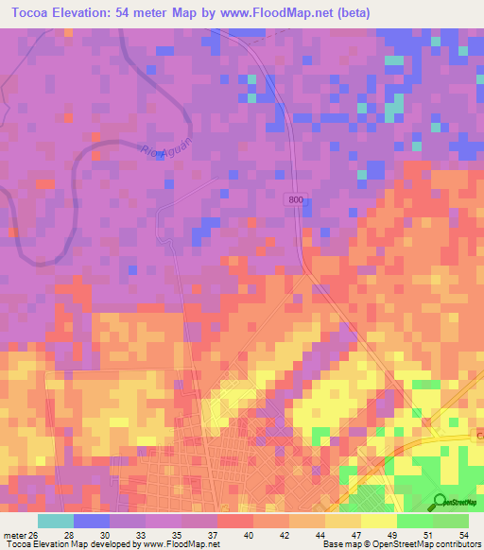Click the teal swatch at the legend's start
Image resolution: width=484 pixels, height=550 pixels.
point(56,521)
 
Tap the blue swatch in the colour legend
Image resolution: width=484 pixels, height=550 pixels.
point(92,521)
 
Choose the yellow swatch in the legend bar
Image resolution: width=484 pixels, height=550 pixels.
point(378,521)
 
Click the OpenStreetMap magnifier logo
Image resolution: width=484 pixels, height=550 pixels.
point(439,501)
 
